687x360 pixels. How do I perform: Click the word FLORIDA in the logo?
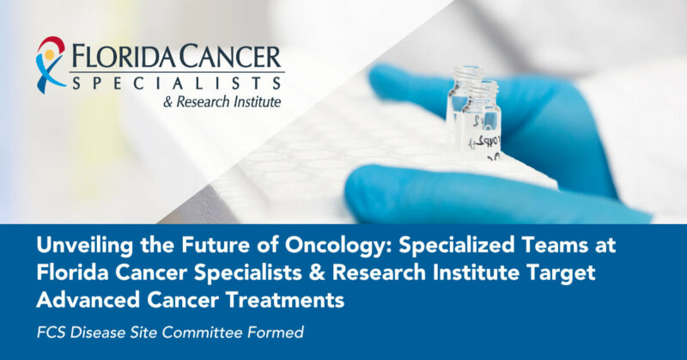[124, 59]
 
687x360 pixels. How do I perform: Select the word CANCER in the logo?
[232, 59]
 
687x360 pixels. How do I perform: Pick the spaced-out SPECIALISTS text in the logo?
[176, 83]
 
